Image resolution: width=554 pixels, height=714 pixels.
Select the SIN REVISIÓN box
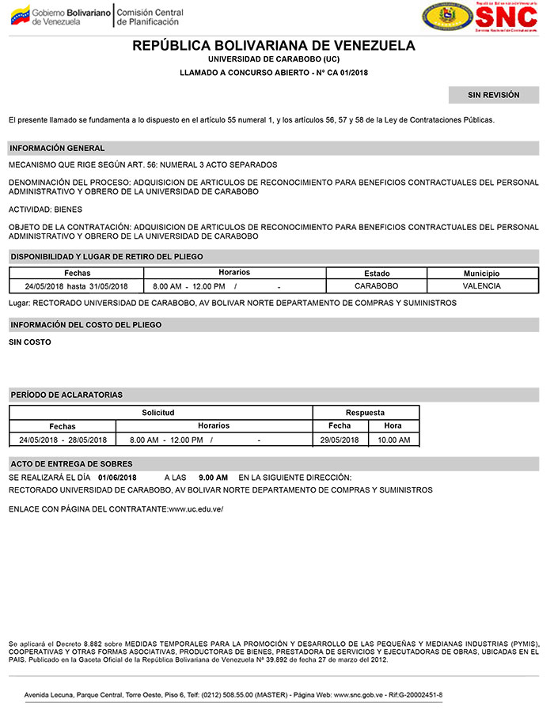(493, 96)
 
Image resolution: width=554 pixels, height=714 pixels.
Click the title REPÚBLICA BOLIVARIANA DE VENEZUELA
(274, 46)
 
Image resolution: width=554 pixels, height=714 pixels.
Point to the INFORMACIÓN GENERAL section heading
(57, 148)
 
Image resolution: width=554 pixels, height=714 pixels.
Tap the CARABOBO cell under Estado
(376, 285)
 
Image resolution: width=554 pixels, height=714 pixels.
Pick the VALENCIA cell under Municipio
(481, 285)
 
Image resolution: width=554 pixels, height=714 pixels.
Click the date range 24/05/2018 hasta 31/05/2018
(76, 286)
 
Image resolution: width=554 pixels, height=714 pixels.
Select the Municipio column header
(481, 273)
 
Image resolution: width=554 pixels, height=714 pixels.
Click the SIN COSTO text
(29, 342)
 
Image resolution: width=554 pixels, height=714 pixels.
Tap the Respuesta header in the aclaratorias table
(365, 413)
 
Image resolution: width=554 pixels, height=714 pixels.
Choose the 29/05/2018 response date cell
(340, 440)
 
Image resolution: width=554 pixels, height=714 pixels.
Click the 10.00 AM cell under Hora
(393, 440)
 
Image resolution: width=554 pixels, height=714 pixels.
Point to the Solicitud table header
(158, 413)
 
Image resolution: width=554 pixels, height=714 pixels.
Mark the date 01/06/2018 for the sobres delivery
(118, 478)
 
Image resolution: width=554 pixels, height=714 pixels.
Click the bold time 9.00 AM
(213, 478)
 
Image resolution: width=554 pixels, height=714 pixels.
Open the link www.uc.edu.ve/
(195, 508)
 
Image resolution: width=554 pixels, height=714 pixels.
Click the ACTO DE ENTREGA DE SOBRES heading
(70, 463)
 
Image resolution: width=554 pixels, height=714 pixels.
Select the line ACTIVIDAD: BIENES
(44, 210)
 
